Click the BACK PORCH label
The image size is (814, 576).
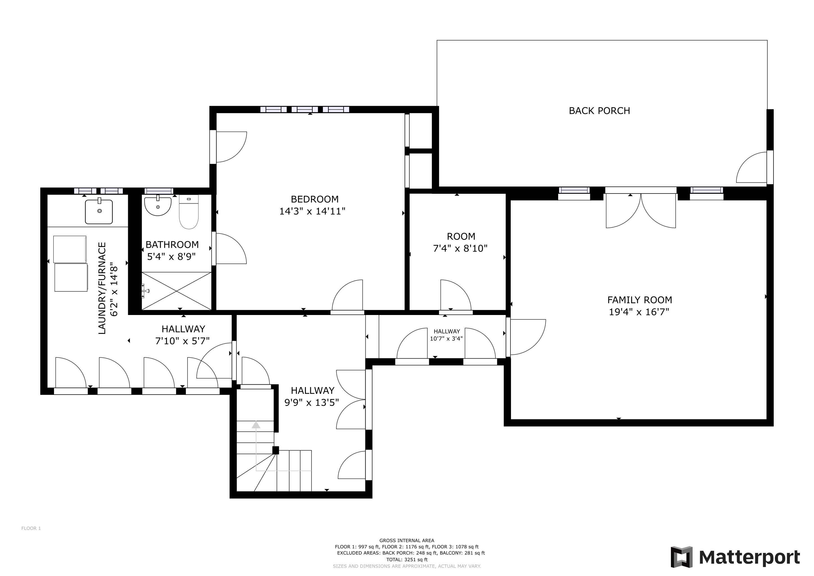[599, 111]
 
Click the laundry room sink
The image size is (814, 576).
[99, 211]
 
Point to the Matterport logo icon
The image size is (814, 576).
[681, 557]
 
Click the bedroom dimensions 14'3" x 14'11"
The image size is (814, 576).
[312, 211]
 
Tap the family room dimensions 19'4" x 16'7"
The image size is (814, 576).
[639, 312]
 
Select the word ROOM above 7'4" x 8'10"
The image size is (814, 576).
[461, 236]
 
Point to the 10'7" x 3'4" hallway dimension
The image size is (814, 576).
[446, 339]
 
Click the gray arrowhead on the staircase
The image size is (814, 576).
[256, 425]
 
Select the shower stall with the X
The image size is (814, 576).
[177, 291]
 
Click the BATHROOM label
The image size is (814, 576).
[172, 244]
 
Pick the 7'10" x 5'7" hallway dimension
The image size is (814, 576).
[182, 341]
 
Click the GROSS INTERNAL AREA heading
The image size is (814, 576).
[407, 541]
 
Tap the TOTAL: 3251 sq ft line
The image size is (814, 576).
[407, 560]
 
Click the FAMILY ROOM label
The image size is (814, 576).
[639, 300]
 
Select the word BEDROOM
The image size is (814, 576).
[315, 199]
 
